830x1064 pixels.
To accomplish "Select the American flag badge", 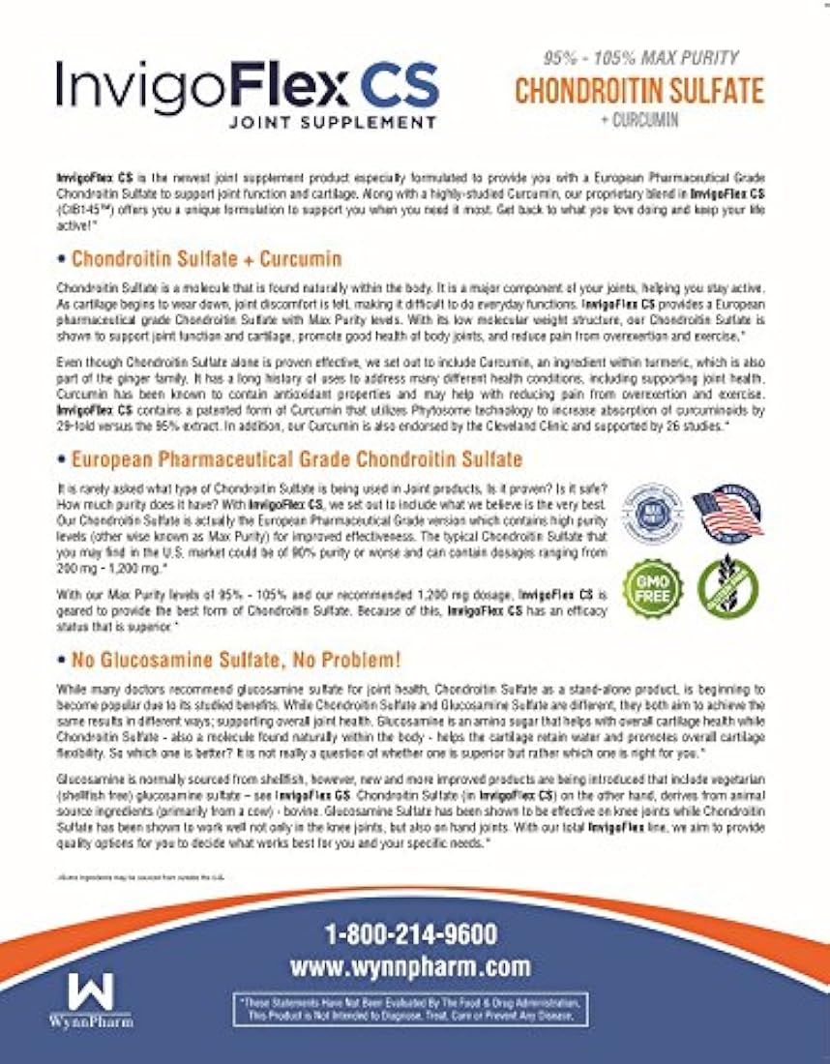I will click(x=728, y=513).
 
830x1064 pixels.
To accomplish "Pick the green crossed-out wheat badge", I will click(x=728, y=586).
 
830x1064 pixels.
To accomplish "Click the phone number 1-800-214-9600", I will click(x=414, y=934).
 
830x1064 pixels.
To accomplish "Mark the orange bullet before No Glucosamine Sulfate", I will click(x=60, y=662).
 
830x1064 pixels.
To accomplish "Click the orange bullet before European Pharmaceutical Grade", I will click(x=60, y=458).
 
